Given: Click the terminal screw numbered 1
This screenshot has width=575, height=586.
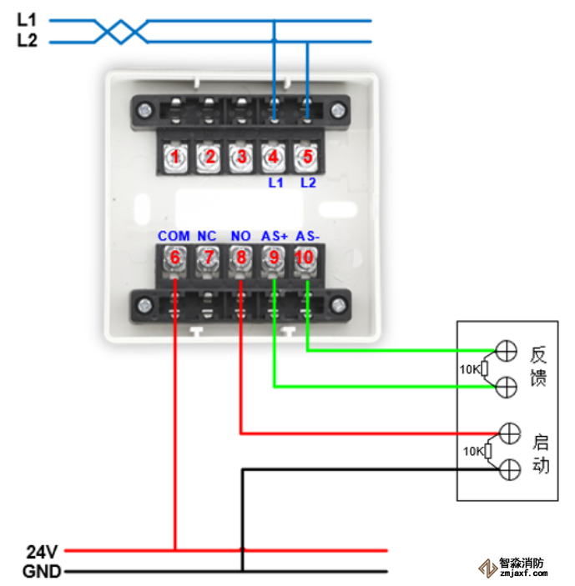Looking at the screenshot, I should pos(175,157).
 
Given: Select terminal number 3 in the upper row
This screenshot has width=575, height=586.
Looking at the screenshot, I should pos(241,157).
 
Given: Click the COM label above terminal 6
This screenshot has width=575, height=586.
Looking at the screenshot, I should pos(174,237).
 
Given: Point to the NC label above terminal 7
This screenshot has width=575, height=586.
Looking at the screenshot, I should pos(207,237).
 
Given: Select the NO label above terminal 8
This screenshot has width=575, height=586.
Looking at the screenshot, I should pos(240,237).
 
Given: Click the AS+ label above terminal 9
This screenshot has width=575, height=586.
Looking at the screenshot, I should pos(274,237).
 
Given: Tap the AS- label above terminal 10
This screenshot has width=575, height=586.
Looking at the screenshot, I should pos(308,237).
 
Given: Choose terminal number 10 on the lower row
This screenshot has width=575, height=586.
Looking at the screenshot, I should pos(305,258).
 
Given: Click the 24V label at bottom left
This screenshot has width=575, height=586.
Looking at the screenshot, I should pos(41,551).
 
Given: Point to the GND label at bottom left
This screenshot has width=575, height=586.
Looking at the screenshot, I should pos(39,571).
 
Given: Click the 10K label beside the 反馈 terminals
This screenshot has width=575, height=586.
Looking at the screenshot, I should pos(470,368).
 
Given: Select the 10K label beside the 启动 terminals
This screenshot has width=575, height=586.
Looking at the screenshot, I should pos(472,451).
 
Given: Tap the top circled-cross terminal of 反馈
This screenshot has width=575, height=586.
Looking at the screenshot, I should pos(506,351).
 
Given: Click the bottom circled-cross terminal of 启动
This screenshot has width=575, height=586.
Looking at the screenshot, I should pos(509,470).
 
